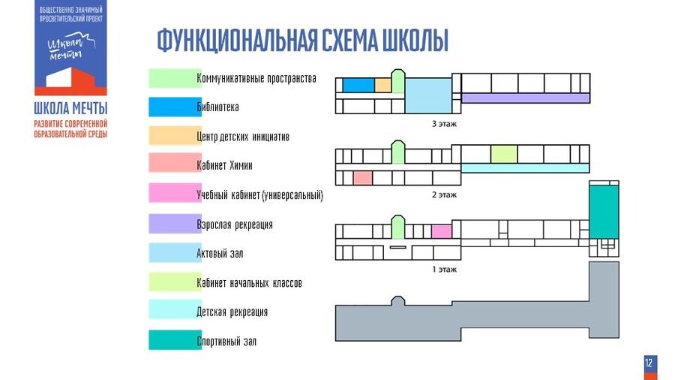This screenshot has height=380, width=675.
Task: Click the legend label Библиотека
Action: pos(217,107)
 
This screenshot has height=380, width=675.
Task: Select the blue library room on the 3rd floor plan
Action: pos(358,85)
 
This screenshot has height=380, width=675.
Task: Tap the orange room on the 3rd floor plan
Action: pos(382,85)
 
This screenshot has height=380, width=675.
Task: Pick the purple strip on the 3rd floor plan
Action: pos(525,98)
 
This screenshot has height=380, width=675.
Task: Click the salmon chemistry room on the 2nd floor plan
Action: pos(363,178)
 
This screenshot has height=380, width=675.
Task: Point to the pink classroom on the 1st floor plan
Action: pos(442,231)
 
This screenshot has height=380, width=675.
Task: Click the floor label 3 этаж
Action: pos(444,123)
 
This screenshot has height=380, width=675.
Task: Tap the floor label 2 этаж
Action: pos(444,195)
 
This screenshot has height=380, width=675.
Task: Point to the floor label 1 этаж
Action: pos(444,269)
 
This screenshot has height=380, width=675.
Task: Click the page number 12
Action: pos(649,363)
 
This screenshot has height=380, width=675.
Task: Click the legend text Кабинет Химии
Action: pos(224,166)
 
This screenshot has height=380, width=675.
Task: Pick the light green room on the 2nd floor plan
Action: pos(504,154)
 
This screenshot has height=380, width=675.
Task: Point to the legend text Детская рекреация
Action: pos(232,312)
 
